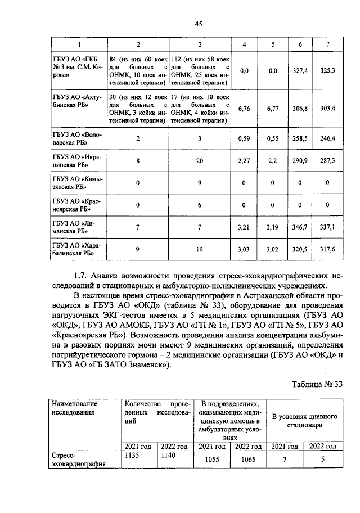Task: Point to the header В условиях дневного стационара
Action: coord(304,421)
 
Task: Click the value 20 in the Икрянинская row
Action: coord(200,160)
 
